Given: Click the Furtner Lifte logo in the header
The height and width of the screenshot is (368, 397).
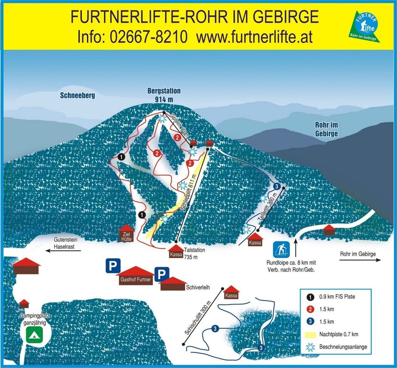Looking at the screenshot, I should [366, 27].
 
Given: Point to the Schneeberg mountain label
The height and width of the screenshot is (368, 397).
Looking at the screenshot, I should [77, 96].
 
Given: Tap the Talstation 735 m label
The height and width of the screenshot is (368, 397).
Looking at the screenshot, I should [194, 253].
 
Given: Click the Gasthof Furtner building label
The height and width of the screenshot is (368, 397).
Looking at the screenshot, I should [136, 280].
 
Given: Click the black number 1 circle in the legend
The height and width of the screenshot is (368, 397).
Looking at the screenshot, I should [308, 297].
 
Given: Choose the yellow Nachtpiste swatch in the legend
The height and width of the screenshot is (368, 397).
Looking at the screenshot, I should [308, 334].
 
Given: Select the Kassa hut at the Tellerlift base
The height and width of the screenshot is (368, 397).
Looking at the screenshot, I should [255, 240].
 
